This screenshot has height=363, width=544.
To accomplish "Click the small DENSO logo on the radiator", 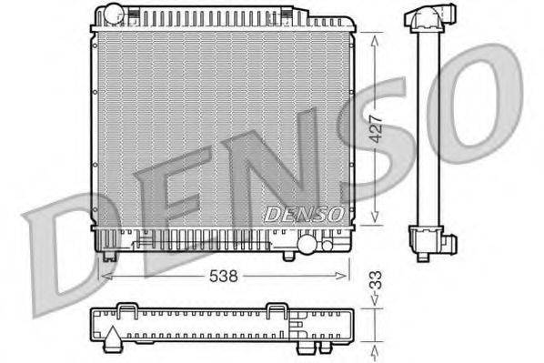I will pos(303,215).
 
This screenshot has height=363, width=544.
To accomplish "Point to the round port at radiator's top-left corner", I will pos(112,14).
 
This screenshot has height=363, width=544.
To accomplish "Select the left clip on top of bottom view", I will pos(127,313).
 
